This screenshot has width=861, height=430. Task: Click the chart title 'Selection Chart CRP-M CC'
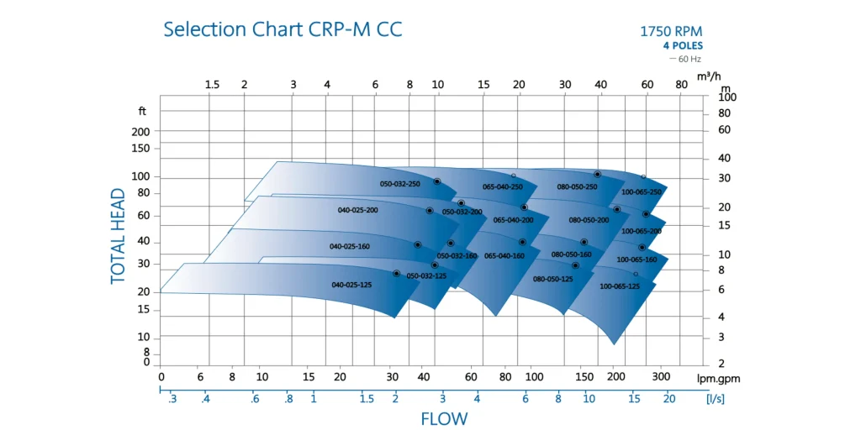click(x=283, y=30)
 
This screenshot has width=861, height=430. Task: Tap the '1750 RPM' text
click(x=671, y=32)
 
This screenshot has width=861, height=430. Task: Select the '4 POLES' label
click(x=683, y=46)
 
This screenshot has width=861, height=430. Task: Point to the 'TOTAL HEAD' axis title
click(x=118, y=235)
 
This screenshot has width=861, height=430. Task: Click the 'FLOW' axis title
click(x=444, y=418)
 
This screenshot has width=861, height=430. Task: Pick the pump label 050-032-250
click(x=399, y=184)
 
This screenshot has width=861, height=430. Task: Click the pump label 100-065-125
click(x=620, y=286)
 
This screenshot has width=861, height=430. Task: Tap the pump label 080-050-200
click(x=589, y=220)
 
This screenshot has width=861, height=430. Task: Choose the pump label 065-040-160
click(x=504, y=255)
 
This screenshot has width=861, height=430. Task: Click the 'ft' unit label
click(x=142, y=111)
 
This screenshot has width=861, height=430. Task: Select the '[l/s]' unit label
click(x=715, y=399)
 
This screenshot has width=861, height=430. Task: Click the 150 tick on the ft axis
click(x=140, y=149)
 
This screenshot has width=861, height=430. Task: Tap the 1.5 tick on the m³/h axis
click(x=212, y=85)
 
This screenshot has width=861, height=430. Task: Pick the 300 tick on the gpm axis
click(x=661, y=377)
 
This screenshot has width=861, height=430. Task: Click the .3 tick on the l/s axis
click(x=172, y=399)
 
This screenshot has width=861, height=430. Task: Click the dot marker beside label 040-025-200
click(x=430, y=211)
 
